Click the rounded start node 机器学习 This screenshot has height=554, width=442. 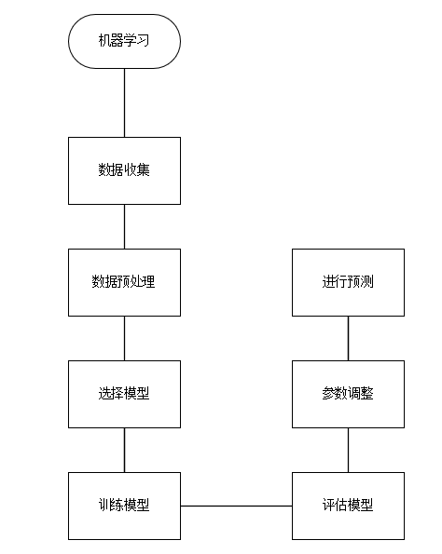[124, 40]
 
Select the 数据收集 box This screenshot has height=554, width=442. [124, 170]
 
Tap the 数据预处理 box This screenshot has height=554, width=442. [124, 282]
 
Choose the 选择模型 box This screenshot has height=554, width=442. [124, 394]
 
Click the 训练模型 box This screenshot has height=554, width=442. [124, 506]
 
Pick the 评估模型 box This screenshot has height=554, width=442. [348, 506]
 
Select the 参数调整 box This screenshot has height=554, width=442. [348, 394]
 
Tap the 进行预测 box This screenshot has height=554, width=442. [348, 282]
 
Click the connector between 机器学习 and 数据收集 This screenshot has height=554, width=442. [124, 102]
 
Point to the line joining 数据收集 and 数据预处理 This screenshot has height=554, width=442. [124, 226]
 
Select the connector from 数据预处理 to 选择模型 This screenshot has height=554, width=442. [124, 338]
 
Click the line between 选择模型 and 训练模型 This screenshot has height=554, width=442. [124, 450]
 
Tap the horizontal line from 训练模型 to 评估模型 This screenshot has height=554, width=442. [236, 506]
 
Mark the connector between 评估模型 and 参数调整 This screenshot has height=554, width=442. [348, 450]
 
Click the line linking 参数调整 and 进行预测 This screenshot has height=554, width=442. [348, 338]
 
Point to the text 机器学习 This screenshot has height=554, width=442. [124, 40]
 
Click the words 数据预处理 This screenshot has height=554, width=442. [124, 282]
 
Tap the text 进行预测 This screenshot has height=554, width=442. [348, 282]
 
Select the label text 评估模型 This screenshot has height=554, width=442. [348, 506]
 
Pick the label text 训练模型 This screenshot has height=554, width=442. [124, 506]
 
